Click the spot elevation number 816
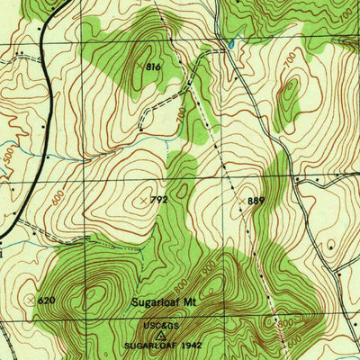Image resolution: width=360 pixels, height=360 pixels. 153,67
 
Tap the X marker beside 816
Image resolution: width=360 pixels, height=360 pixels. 138,67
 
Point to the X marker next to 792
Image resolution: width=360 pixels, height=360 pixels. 145,200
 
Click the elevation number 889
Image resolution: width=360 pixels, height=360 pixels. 256,201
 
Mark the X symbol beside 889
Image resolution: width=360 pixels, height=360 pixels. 241,200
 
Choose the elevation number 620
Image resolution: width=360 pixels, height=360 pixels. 48,299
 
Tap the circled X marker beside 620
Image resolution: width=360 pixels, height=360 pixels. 31,298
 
